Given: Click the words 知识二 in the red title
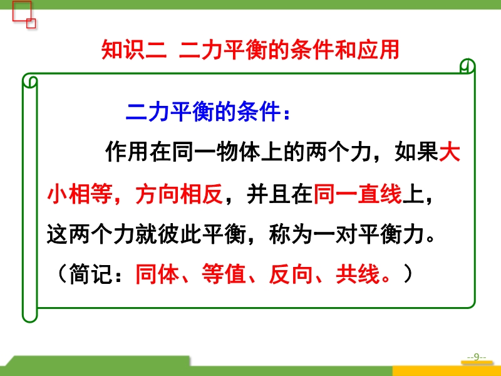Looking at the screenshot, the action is coord(134,50).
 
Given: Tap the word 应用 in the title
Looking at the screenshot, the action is coord(378,50).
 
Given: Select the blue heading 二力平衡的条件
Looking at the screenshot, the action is coord(203,112).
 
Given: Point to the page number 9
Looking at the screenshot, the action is coord(477,357).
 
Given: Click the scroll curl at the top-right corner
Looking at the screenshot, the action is coord(467,66).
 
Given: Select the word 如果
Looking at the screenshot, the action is coord(416,152).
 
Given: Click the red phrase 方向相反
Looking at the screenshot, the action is coord(179,194).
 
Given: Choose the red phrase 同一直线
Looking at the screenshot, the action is coord(358,194).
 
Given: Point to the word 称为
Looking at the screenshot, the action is coord(291,235).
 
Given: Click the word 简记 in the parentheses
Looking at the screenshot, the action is coord(91,274).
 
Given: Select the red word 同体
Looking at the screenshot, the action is coord(157,274).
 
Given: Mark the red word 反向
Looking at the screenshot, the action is coord(291,274).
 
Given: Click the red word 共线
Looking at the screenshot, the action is coord(358,274).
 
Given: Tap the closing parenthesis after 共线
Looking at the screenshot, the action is coord(408,274).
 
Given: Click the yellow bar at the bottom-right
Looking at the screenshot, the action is coord(447,371).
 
